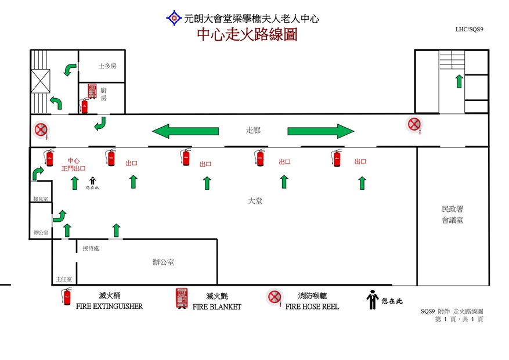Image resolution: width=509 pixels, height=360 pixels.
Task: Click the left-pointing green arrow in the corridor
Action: tap(185, 131)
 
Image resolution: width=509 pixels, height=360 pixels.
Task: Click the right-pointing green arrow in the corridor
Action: tap(320, 131)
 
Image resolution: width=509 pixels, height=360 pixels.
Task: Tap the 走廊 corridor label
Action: tap(254, 131)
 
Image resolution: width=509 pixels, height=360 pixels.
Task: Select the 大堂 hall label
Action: tap(255, 201)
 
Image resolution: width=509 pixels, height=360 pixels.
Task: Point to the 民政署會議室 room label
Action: tap(452, 214)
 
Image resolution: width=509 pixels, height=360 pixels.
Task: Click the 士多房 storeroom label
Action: tap(107, 66)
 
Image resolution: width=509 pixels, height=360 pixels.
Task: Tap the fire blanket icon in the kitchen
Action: tap(92, 91)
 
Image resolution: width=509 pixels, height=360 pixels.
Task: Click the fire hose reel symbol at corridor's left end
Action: tap(41, 129)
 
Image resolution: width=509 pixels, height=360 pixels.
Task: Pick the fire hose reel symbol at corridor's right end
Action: tap(413, 124)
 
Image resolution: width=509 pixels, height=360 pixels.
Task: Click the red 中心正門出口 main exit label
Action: tap(73, 164)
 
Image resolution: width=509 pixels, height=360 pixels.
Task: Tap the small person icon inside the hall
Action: tap(92, 181)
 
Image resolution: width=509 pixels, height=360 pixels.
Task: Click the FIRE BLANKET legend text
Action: tap(217, 307)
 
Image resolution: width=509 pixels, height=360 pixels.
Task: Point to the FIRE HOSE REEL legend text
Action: tap(312, 306)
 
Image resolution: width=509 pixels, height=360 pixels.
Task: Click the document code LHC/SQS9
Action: tap(470, 28)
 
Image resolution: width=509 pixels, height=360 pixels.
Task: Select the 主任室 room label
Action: tap(64, 279)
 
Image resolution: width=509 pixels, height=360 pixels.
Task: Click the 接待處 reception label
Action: tap(91, 249)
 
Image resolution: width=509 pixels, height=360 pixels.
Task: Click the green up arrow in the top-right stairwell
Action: tap(459, 81)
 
